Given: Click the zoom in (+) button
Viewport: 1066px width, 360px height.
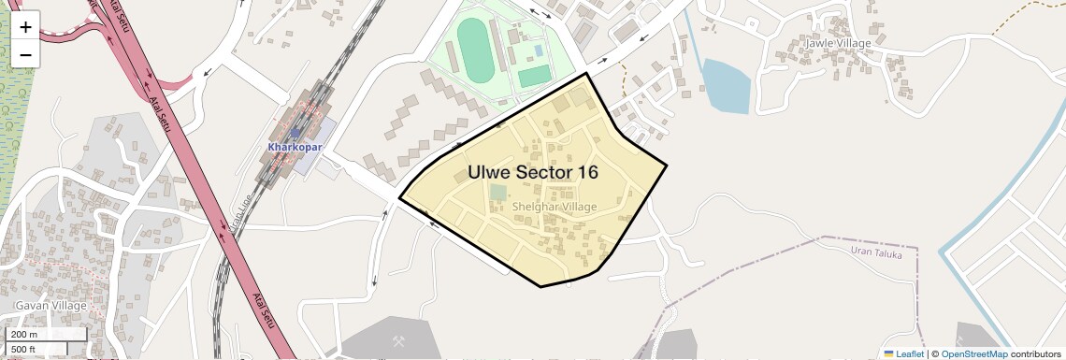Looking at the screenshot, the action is (25, 27).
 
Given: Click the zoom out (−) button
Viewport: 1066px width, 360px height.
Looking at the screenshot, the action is (25, 54).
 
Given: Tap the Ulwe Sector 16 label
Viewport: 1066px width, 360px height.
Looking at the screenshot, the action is (533, 172).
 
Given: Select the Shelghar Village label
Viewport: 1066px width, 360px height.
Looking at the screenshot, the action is (555, 207).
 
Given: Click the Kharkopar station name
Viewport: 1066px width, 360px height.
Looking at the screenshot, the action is (295, 148).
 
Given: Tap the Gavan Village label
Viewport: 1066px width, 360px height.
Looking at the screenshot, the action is (50, 306).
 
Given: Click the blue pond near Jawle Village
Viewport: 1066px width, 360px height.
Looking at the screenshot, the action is (727, 86).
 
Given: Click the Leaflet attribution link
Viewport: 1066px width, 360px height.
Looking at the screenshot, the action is (902, 353).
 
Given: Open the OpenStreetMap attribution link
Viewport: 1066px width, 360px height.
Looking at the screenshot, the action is (974, 353).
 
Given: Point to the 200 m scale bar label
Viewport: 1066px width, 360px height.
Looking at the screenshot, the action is (24, 335).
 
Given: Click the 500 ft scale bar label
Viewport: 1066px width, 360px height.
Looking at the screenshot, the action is (24, 349).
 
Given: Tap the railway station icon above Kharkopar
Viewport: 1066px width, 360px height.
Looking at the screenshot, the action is (295, 134).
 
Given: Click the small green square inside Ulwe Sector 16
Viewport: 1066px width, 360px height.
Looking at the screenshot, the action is (497, 193).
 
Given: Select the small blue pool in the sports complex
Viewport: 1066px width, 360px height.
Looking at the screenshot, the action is (538, 50).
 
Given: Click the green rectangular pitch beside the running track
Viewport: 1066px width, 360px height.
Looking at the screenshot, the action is (534, 76).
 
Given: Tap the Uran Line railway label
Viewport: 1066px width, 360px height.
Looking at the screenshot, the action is (237, 219).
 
